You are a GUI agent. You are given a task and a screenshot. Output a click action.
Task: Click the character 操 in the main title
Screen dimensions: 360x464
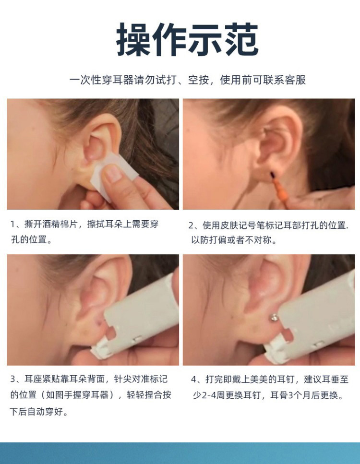(x=134, y=39)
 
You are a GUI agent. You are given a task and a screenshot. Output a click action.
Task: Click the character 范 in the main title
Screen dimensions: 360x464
(x=241, y=39)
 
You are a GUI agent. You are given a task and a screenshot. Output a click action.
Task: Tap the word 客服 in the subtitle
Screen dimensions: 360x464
(x=295, y=80)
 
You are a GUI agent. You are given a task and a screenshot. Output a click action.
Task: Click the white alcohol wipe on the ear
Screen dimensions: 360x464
(x=114, y=174)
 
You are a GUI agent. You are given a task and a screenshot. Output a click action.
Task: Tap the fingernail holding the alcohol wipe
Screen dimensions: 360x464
(x=112, y=173)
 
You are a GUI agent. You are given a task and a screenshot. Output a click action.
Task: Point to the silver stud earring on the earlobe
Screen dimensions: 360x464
(x=275, y=318)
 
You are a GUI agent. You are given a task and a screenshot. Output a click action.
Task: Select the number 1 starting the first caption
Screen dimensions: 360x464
(x=13, y=224)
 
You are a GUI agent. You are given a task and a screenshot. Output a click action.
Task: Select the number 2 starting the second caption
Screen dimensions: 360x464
(x=191, y=226)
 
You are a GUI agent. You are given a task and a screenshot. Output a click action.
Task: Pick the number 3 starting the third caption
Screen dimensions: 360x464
(x=13, y=379)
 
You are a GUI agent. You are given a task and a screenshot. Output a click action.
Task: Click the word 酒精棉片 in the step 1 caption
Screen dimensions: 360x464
(x=60, y=224)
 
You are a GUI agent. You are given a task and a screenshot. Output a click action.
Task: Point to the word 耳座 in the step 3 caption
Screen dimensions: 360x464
(x=33, y=379)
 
